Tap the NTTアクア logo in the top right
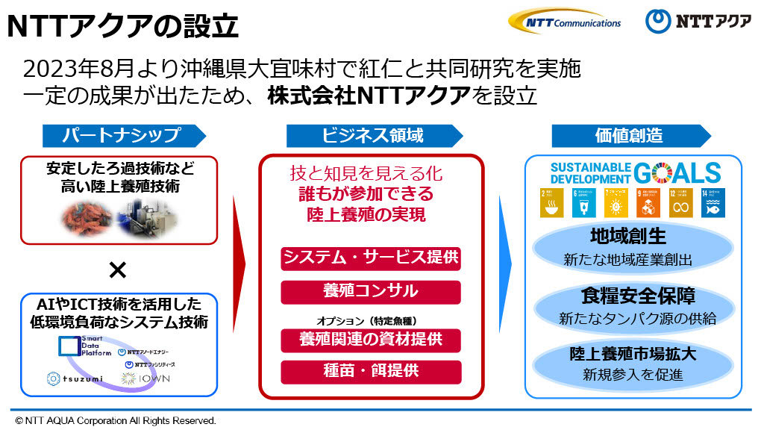pyautogui.click(x=698, y=21)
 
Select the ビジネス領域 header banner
pyautogui.click(x=373, y=135)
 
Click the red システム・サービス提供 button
pyautogui.click(x=370, y=259)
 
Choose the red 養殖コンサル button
pyautogui.click(x=370, y=291)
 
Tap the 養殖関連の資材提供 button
pyautogui.click(x=370, y=340)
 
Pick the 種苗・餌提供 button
pyautogui.click(x=370, y=371)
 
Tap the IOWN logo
pyautogui.click(x=148, y=378)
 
